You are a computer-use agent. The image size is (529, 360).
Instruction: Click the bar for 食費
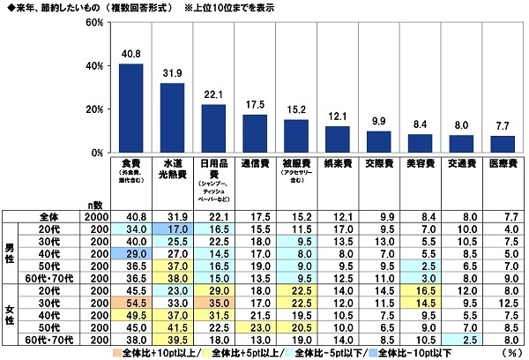coord(131,108)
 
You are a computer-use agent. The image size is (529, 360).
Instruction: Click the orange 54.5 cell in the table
coord(131,303)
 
